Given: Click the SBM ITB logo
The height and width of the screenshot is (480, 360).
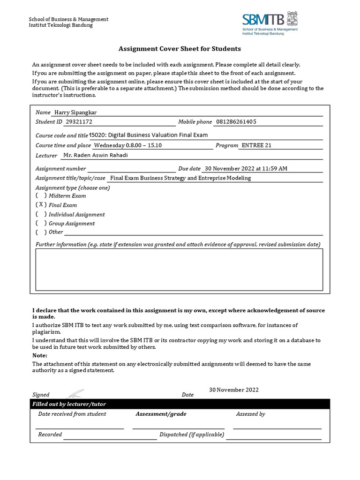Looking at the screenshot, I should click(270, 22).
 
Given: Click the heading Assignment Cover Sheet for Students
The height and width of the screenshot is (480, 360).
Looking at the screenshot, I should click(180, 49).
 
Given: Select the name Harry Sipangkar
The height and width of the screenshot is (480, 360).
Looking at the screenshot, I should click(76, 112).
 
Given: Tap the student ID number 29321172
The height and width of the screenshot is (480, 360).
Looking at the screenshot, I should click(79, 122).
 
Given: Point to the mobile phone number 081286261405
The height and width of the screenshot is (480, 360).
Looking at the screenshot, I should click(236, 122).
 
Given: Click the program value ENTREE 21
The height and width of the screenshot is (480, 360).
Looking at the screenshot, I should click(256, 145).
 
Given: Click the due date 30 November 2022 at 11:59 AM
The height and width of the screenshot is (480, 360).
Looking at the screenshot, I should click(246, 169).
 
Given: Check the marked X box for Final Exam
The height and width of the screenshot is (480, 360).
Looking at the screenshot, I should click(41, 205).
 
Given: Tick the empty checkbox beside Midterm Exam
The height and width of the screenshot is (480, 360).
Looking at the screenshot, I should click(41, 195).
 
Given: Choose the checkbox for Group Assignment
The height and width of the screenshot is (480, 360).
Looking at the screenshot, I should click(41, 224).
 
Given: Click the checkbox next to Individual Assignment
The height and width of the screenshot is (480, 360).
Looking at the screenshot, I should click(41, 214).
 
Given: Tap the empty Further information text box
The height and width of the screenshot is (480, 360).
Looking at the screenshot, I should click(179, 269).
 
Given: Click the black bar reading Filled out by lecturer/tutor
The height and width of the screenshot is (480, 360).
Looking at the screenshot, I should click(180, 404).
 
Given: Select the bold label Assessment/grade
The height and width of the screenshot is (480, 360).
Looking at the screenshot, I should click(161, 414).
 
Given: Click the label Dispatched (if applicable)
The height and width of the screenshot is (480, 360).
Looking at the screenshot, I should click(192, 435).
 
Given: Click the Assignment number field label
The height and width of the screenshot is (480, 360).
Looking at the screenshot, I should click(61, 169).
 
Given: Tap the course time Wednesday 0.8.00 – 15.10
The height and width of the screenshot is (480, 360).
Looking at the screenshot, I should click(128, 145).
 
